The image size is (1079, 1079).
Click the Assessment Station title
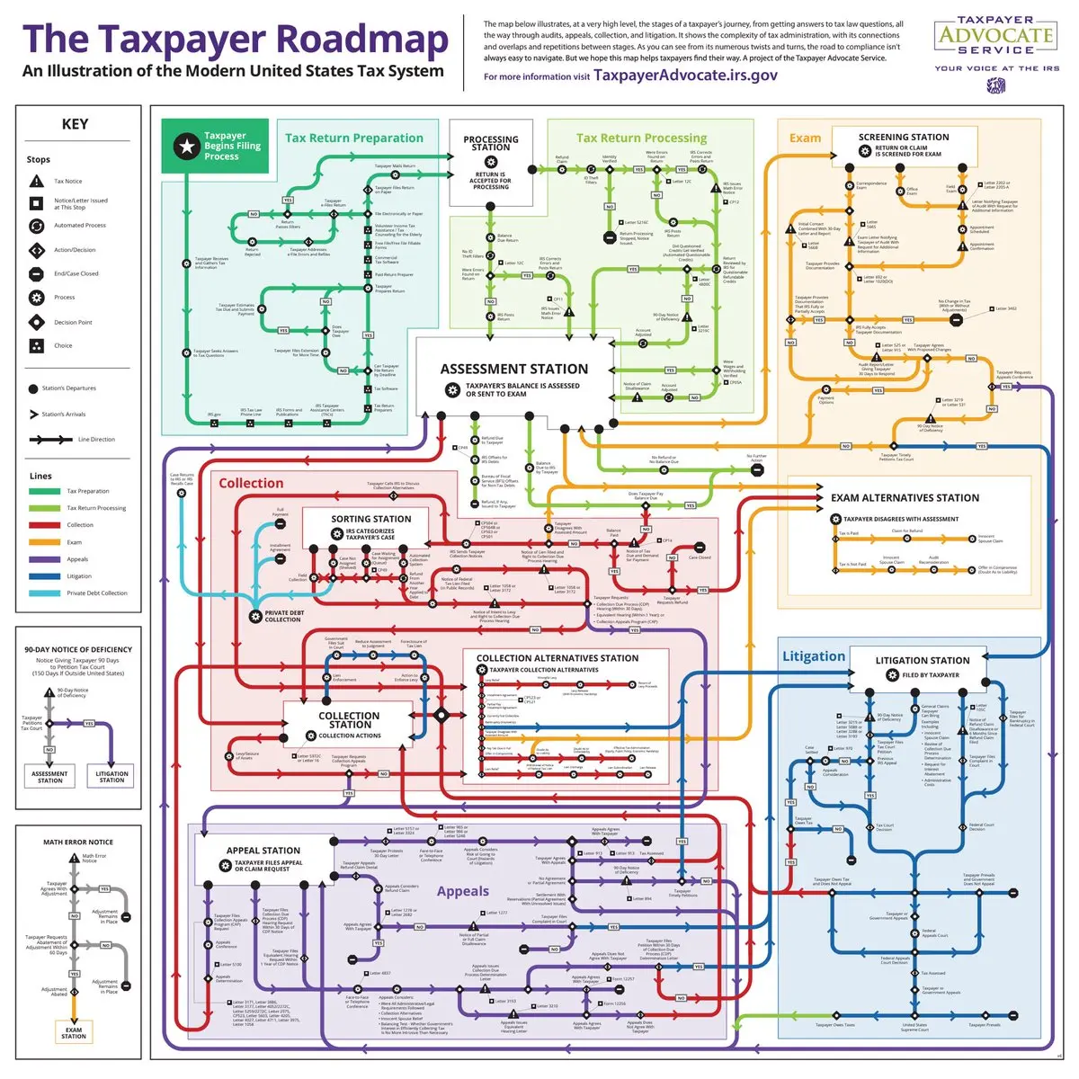[513, 369]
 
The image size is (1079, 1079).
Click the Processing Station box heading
[491, 143]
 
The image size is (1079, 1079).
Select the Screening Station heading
[903, 137]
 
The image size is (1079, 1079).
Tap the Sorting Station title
[370, 519]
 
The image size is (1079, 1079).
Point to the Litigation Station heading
[923, 660]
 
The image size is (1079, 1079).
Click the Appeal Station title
[263, 850]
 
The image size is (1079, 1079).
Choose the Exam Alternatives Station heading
[905, 497]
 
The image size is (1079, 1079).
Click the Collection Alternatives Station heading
[557, 658]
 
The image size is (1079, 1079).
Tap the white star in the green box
[186, 146]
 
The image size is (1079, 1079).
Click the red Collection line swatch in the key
[44, 525]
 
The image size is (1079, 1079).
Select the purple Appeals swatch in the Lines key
[44, 559]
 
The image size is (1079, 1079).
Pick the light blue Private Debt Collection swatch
[44, 593]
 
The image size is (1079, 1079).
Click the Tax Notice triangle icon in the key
[36, 181]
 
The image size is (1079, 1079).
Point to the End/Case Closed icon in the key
[36, 273]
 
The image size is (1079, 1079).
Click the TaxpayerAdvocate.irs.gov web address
[685, 76]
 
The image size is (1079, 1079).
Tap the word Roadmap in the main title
[361, 40]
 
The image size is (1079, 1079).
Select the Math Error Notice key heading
[78, 843]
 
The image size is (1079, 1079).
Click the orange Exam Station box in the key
[74, 1032]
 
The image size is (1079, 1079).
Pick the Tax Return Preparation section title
[353, 138]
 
